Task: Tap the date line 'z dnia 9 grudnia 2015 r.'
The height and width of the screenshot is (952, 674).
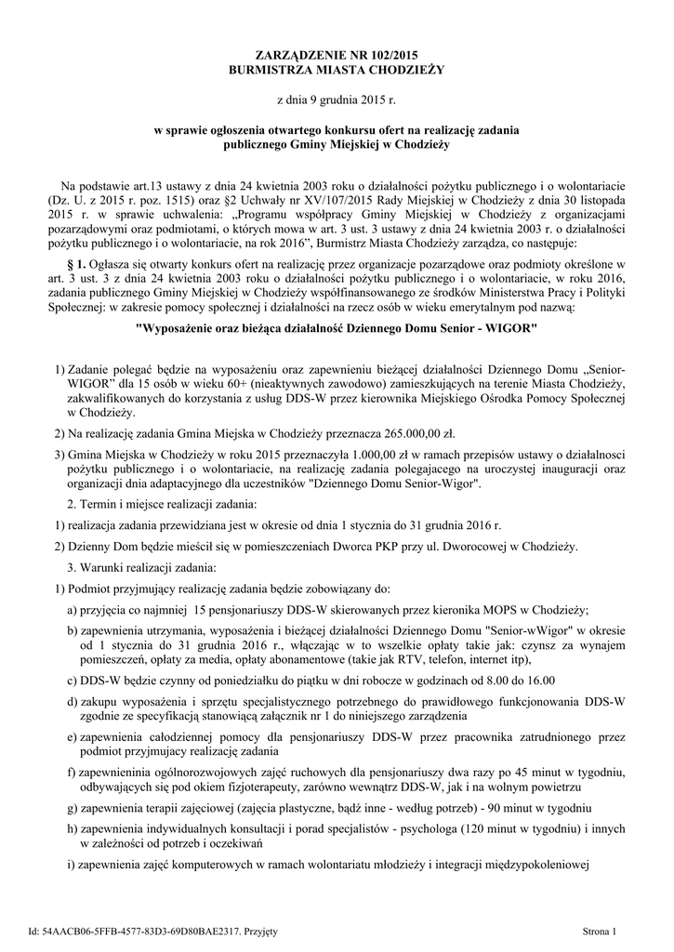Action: point(337,99)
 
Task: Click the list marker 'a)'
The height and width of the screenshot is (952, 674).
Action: point(72,610)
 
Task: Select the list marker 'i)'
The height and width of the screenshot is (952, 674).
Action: point(72,866)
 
